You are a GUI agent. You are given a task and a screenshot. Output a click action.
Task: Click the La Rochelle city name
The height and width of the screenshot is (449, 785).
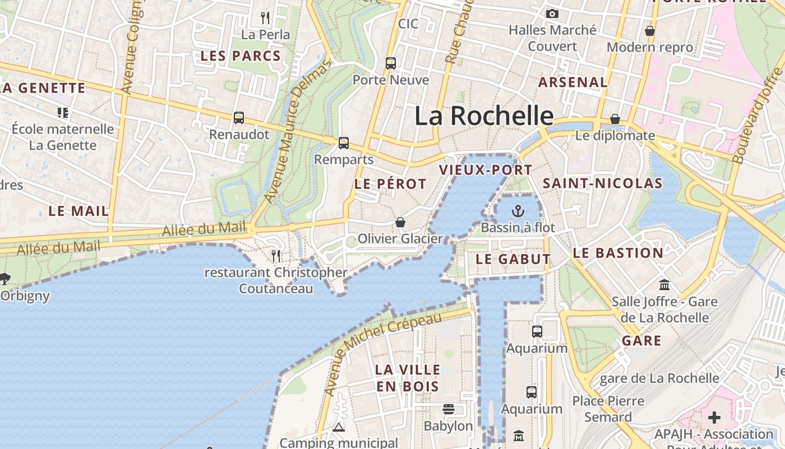click(484, 116)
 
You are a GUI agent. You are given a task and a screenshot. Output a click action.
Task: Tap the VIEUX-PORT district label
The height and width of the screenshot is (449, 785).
click(486, 170)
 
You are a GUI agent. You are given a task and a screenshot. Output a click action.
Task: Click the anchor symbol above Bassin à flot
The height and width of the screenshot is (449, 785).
click(518, 211)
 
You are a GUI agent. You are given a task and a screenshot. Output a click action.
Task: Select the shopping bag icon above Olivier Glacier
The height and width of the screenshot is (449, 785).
click(400, 223)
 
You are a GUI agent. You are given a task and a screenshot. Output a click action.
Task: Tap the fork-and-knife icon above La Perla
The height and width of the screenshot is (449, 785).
click(266, 18)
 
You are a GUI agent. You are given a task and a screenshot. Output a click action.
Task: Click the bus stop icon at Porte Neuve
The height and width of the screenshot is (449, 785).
click(391, 63)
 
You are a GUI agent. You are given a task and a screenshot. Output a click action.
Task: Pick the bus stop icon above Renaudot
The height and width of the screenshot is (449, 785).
click(239, 118)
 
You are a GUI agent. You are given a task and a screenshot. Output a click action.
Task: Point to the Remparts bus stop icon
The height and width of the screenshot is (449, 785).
click(344, 143)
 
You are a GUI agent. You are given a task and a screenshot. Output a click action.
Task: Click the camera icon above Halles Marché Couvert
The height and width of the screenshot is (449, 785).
click(552, 13)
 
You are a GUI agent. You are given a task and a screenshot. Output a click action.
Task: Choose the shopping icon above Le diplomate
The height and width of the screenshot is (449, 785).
click(615, 119)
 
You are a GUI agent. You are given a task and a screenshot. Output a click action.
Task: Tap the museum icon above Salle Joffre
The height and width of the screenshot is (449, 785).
click(664, 285)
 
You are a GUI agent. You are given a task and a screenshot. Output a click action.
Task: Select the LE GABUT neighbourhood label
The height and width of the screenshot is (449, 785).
click(513, 259)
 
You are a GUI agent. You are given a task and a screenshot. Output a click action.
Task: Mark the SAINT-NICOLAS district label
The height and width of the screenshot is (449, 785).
click(603, 184)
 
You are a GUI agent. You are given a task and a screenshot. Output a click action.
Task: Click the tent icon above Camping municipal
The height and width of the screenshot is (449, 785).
click(338, 428)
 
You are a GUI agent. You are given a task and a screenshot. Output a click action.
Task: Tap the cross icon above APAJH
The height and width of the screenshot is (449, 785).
click(714, 418)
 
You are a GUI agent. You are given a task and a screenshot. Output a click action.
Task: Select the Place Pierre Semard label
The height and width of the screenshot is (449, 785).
click(608, 409)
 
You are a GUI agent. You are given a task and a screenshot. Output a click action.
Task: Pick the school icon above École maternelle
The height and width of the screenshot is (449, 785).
click(63, 113)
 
